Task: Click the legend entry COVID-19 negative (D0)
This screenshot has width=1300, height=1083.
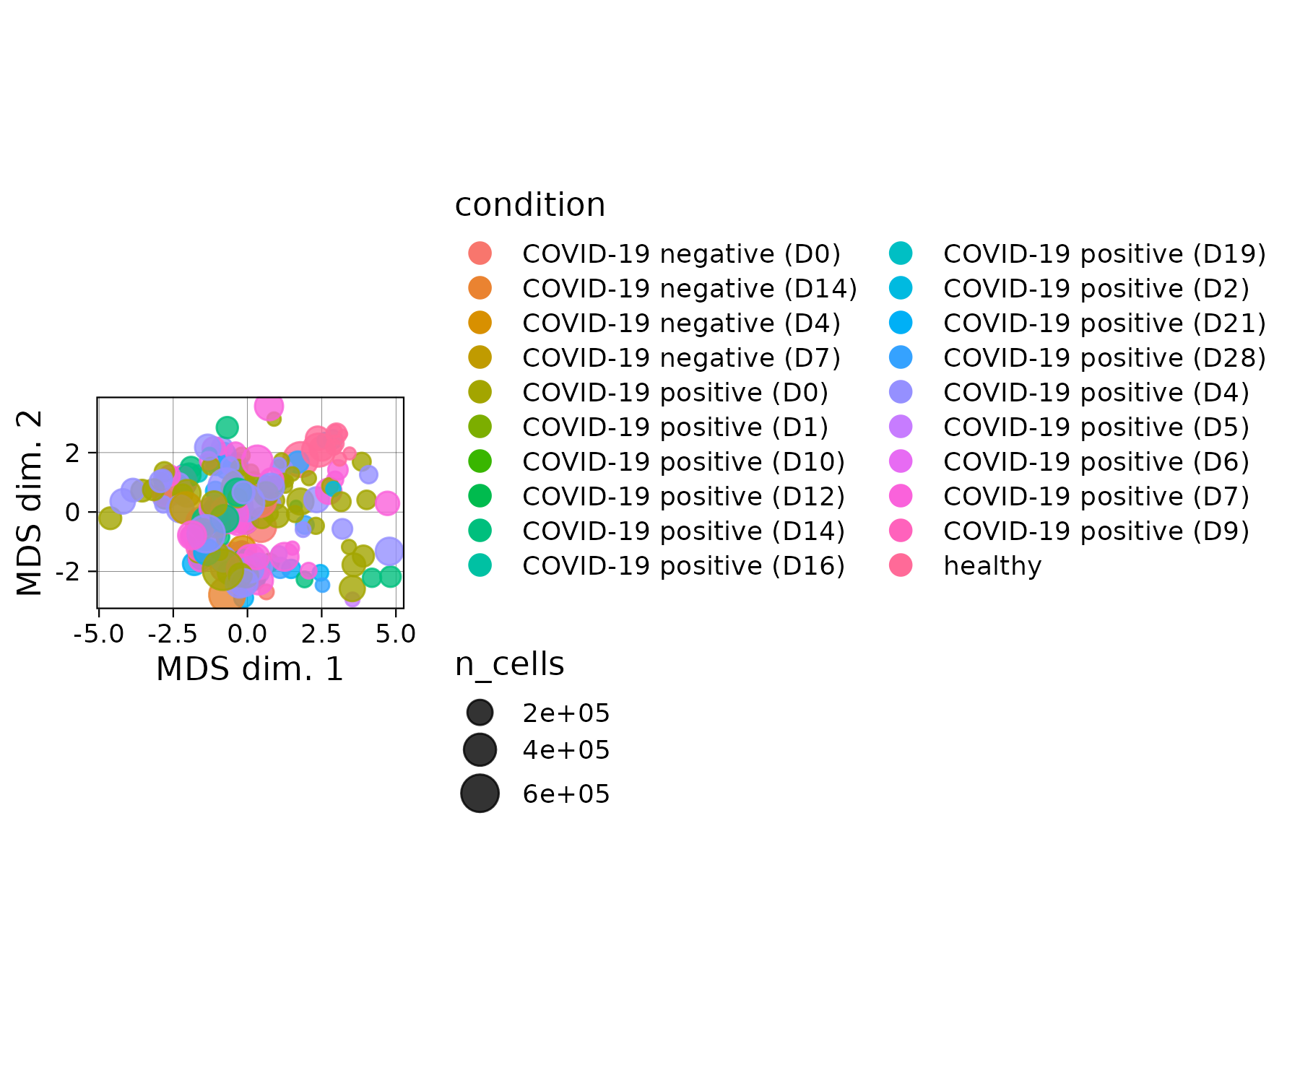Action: coord(681,254)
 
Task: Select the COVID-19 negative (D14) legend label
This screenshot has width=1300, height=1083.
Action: coord(689,289)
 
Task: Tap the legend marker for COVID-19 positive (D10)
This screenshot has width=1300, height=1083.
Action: coord(480,462)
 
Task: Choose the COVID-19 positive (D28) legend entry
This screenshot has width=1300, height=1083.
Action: coord(1104,358)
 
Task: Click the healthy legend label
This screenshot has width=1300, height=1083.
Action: coord(992,566)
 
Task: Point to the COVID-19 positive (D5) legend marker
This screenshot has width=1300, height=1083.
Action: coord(901,427)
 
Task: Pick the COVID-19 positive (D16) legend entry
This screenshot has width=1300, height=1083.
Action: coord(683,566)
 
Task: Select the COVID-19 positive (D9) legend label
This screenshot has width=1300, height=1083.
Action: coord(1096,531)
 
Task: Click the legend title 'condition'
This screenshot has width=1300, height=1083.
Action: coord(529,205)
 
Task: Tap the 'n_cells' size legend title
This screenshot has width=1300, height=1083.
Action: coord(509,664)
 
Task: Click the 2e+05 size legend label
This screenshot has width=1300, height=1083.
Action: coord(566,713)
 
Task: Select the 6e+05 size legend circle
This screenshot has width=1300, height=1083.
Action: coord(480,793)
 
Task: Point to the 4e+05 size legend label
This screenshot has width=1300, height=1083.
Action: coord(566,750)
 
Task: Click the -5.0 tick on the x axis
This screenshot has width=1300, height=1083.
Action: coord(99,634)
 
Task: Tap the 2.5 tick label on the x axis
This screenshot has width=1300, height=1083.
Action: coord(321,634)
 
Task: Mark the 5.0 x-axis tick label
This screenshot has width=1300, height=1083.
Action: coord(396,634)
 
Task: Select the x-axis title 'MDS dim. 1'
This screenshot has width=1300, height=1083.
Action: coord(250,669)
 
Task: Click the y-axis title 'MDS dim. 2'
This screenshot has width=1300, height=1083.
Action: coord(30,503)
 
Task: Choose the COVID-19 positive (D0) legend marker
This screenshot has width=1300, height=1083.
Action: coord(480,393)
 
